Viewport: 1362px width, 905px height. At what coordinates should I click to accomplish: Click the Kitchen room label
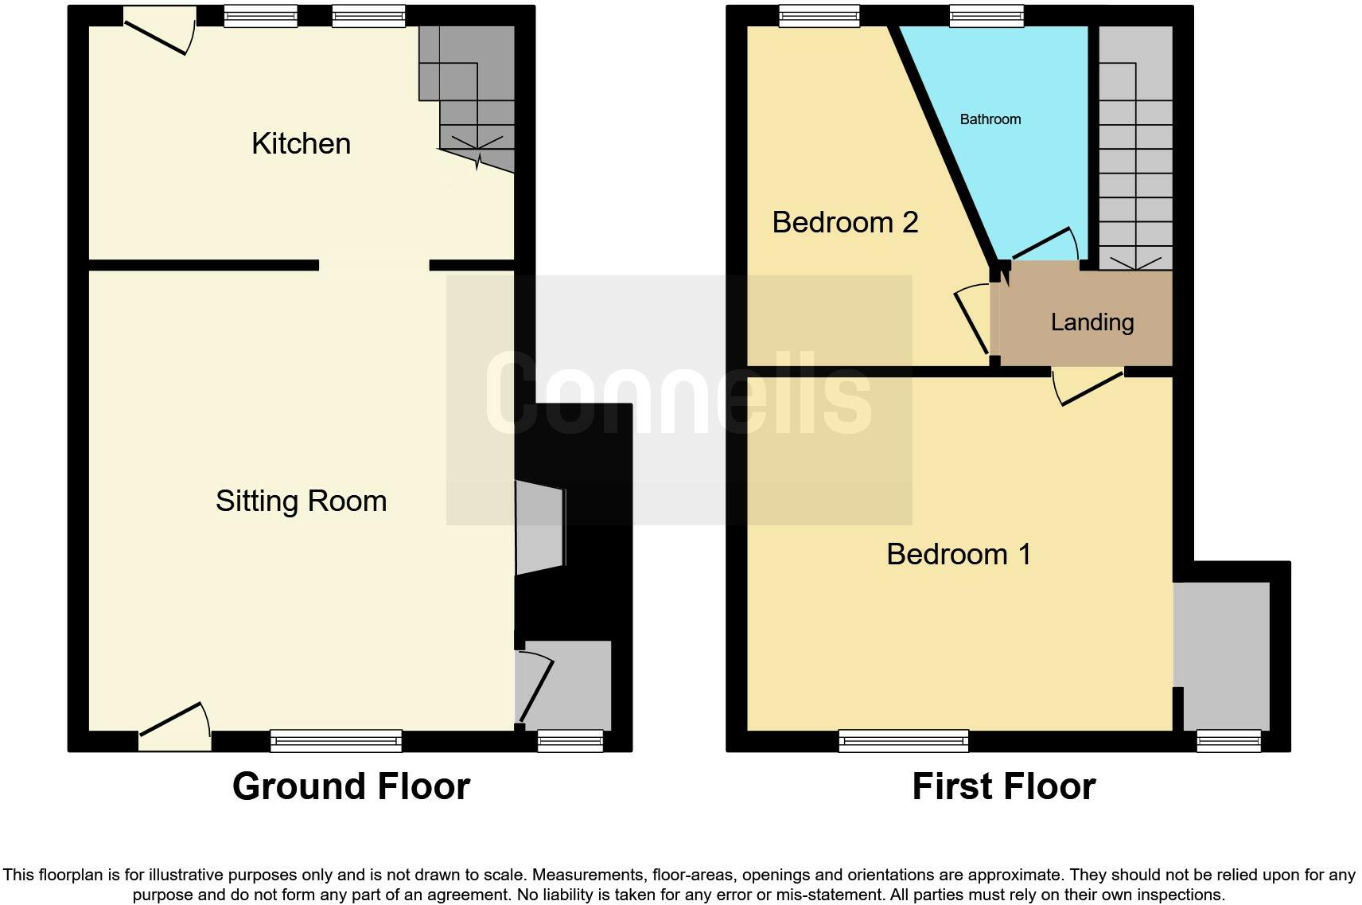click(301, 144)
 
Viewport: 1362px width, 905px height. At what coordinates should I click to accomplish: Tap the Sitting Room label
click(301, 501)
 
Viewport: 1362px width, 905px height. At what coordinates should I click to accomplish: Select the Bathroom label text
click(990, 119)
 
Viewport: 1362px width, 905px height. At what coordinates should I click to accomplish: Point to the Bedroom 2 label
click(845, 223)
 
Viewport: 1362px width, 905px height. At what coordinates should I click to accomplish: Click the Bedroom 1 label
click(959, 555)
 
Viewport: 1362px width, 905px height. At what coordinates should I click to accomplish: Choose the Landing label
click(1092, 322)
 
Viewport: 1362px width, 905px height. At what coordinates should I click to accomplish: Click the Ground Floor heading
click(351, 786)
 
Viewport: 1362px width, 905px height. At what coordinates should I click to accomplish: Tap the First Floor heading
click(1004, 786)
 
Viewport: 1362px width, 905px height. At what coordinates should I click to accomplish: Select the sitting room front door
click(175, 727)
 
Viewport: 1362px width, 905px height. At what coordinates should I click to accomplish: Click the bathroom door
click(1045, 244)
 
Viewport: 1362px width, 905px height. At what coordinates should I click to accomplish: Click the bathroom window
click(986, 16)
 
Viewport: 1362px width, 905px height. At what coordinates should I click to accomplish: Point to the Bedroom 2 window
click(819, 16)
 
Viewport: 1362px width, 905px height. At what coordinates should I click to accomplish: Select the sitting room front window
click(337, 741)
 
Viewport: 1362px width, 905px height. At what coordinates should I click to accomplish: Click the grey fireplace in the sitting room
click(540, 528)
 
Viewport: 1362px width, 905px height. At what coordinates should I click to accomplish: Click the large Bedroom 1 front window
click(904, 741)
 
